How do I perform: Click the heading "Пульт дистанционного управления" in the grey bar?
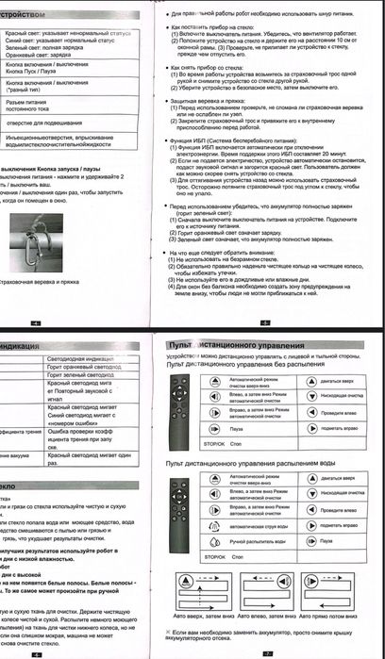[218, 347]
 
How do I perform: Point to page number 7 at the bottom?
[267, 651]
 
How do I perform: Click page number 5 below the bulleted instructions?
[266, 322]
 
